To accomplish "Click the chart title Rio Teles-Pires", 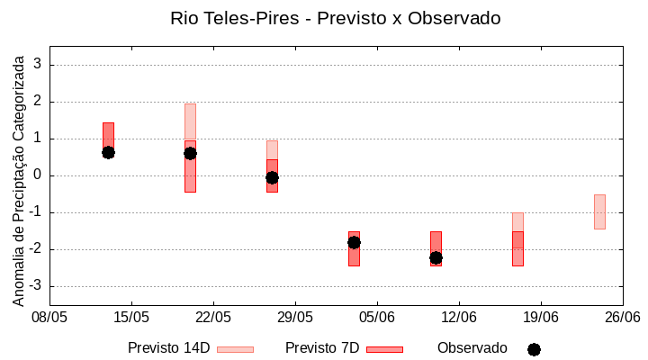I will coord(335,18).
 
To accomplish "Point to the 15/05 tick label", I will coord(131,317).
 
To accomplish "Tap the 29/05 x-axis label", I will coord(295,317).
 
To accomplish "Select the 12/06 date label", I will coord(459,317).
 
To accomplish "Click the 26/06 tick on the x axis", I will coord(622,317).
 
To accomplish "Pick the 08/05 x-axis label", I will coord(49,317).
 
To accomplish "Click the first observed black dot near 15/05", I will coord(108,152).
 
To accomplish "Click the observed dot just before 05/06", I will coord(354,242).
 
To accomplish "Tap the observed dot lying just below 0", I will coord(272,177).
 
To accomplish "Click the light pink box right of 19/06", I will coord(599,211).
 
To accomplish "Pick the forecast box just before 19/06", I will coord(517,243).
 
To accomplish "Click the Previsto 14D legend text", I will coord(168,348).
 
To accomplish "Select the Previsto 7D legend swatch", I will coord(384,349).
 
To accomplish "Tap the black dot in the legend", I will coord(534,349).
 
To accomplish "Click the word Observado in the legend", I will coord(472,348).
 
